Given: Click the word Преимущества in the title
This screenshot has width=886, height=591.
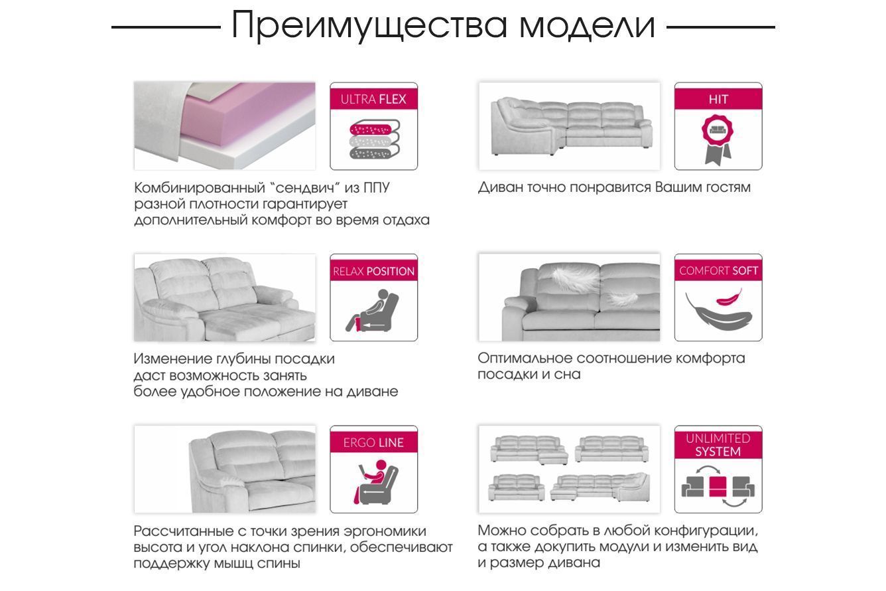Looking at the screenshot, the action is click(369, 25).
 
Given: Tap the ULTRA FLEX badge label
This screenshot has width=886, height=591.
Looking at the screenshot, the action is click(373, 99).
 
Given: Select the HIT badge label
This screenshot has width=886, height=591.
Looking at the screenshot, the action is click(718, 99).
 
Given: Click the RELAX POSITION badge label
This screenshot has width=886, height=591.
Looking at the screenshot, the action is click(373, 272).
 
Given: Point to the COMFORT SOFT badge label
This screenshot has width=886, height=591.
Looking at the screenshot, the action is click(718, 271).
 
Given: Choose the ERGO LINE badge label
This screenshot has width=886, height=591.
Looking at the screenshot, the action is click(373, 442).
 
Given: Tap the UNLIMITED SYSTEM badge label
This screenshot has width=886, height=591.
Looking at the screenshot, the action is click(718, 445).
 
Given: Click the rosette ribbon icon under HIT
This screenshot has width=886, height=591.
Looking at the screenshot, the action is click(717, 140).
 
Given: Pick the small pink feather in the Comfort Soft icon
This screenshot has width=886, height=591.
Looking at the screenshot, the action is click(729, 297).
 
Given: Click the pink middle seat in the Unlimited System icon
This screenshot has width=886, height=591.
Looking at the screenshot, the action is click(718, 487).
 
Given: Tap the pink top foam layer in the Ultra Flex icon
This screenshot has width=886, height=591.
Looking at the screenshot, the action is click(371, 129).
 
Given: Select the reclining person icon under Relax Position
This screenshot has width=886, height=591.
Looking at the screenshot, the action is click(373, 311).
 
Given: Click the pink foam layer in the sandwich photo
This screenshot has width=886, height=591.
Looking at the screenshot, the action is click(245, 115).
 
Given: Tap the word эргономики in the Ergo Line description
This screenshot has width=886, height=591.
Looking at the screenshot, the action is click(385, 531).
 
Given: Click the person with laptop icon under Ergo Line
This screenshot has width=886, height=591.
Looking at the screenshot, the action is click(374, 481).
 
